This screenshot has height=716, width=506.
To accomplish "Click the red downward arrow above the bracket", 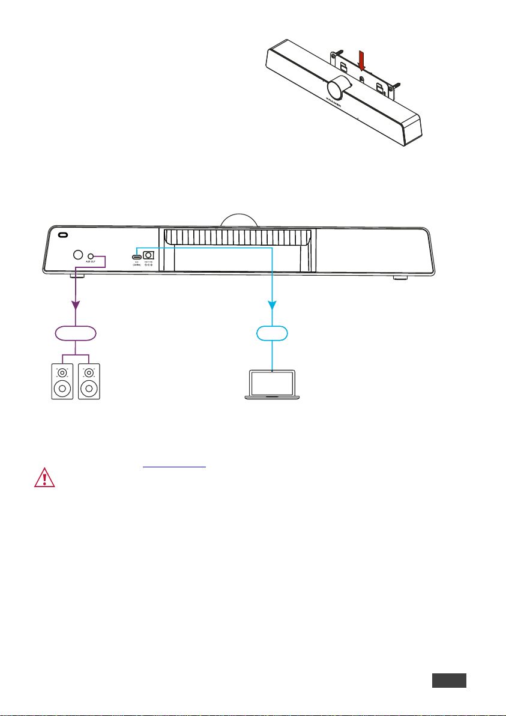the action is tap(361, 62).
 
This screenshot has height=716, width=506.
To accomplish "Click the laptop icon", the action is tap(273, 385).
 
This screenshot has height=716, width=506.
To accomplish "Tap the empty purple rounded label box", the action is tap(76, 332).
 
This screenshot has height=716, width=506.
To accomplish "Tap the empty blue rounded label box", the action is tap(273, 332).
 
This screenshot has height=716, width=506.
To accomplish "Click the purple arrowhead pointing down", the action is tap(76, 306).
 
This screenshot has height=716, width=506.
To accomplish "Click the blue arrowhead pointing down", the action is tap(273, 306).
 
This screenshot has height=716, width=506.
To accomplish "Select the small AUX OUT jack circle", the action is tap(90, 255).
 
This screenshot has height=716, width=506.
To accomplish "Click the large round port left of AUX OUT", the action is tap(77, 255).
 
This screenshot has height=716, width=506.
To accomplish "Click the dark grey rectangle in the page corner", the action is tap(448, 681).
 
